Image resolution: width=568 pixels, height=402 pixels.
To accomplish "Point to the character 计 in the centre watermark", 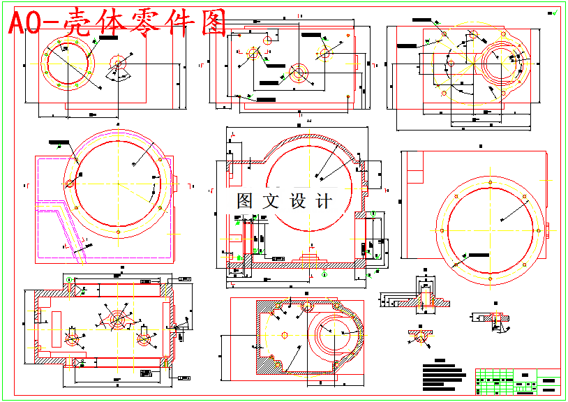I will (x=324, y=201).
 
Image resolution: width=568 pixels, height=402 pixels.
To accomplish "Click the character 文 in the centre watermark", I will (x=270, y=201).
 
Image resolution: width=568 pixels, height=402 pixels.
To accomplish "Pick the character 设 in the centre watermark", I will (x=298, y=201).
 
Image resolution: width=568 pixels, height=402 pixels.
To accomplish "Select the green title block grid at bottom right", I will (x=517, y=382).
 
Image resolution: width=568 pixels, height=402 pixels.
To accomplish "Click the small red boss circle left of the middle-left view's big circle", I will (x=69, y=184).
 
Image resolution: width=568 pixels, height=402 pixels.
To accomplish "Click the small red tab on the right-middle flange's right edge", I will (x=548, y=228).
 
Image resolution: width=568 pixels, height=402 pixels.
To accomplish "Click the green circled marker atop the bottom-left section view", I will (x=69, y=280).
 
